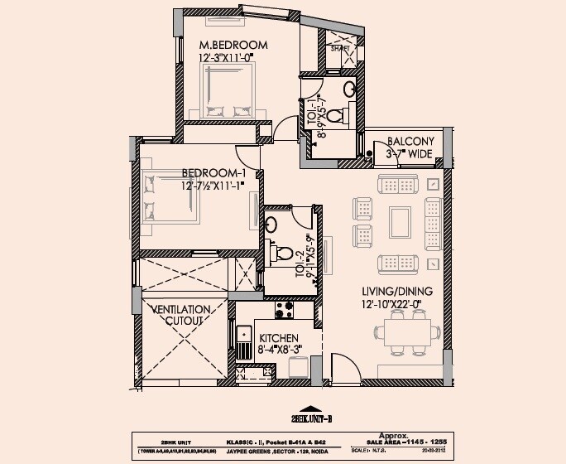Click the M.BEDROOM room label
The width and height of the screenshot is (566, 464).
tap(233, 44)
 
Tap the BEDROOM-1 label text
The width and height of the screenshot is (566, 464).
tap(214, 172)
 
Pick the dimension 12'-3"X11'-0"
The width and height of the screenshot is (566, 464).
tap(233, 58)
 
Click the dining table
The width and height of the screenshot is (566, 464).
tap(405, 334)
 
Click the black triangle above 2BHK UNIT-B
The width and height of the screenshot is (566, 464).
tap(309, 408)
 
